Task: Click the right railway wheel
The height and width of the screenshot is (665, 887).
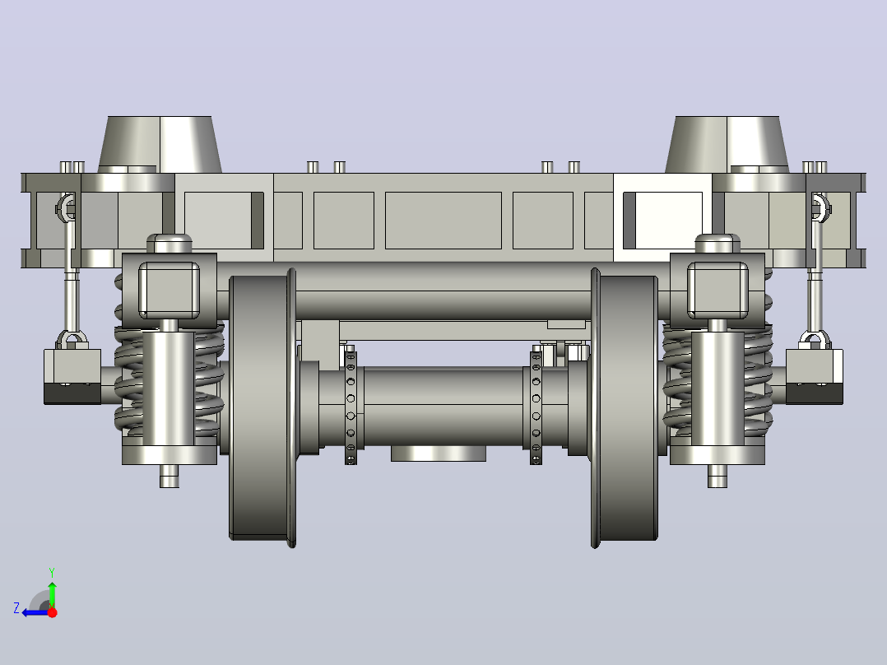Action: [625, 407]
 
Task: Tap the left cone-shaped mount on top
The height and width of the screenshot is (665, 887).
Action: [160, 144]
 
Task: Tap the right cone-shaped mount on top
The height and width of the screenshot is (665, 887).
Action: [727, 144]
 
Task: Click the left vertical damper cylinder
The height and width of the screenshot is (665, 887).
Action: [169, 388]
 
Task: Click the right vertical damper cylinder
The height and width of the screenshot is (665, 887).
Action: [717, 388]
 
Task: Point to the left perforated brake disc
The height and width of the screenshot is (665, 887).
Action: [351, 407]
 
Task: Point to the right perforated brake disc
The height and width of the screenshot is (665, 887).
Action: [536, 407]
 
